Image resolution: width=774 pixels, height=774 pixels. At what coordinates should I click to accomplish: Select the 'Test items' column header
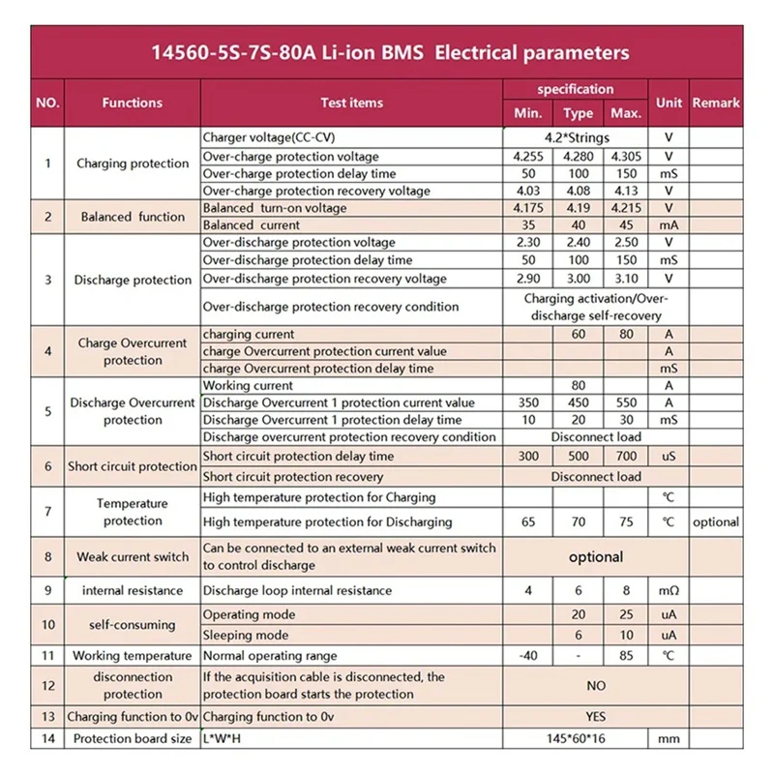click(351, 103)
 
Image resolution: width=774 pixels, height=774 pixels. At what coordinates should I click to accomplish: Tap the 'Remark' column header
click(716, 103)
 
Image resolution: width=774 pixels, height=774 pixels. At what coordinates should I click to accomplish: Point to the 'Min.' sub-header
click(527, 114)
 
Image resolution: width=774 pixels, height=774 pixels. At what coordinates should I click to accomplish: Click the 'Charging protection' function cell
click(133, 164)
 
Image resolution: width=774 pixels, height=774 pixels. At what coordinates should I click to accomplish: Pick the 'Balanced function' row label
click(133, 217)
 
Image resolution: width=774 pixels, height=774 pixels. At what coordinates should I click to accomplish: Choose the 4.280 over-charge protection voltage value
click(578, 157)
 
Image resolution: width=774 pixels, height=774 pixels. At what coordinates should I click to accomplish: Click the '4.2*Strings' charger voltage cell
click(577, 138)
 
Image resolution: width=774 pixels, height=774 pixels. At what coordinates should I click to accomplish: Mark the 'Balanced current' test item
click(253, 225)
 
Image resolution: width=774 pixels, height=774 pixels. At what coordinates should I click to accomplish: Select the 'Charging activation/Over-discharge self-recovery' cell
click(596, 307)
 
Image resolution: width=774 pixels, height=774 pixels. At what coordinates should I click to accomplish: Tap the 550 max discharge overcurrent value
click(626, 402)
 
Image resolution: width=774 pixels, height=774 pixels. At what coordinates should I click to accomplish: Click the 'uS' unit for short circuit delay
click(668, 457)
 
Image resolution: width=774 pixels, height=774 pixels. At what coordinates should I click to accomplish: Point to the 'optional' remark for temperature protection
click(716, 521)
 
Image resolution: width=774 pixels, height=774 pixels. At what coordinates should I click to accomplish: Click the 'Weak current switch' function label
click(133, 557)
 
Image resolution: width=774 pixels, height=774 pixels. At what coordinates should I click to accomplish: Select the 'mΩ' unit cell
click(668, 590)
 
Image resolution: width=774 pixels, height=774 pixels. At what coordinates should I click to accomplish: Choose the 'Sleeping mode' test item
click(246, 636)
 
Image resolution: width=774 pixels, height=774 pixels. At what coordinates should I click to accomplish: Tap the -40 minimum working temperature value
click(527, 656)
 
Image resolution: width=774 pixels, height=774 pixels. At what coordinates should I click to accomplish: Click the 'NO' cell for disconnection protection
click(596, 685)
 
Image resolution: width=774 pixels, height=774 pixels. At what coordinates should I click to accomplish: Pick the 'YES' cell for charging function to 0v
click(596, 717)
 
